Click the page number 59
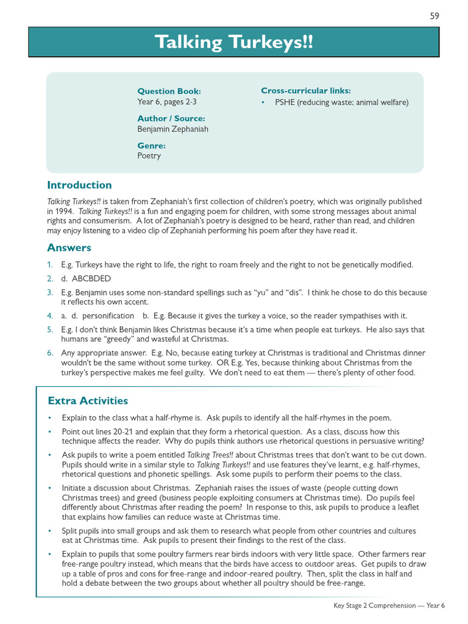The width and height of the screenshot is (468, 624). (x=434, y=16)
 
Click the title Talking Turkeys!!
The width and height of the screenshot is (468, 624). (x=234, y=43)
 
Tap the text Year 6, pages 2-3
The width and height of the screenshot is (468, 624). (x=167, y=102)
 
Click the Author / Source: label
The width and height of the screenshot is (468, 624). (x=171, y=118)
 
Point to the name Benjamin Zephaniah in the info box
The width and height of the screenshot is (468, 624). (x=173, y=129)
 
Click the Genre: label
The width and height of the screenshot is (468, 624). (x=151, y=146)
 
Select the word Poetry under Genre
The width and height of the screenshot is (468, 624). (x=149, y=156)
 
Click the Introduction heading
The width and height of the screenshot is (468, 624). (x=79, y=185)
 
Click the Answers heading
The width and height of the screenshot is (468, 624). (x=69, y=248)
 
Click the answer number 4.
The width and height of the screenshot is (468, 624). (x=50, y=316)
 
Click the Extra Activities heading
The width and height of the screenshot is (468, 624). (x=88, y=401)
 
